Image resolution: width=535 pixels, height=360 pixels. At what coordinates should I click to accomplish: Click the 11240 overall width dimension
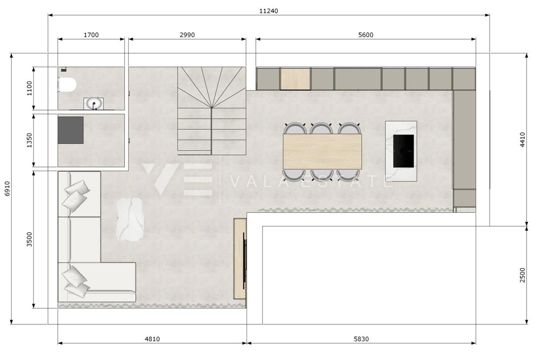(x=268, y=11)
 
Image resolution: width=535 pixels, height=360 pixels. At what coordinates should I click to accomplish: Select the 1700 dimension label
(x=91, y=35)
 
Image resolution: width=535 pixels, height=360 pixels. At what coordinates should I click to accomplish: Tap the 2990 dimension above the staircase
(x=187, y=35)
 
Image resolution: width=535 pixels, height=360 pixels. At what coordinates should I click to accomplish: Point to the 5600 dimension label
(x=366, y=35)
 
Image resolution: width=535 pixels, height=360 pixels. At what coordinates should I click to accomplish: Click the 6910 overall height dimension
(x=7, y=189)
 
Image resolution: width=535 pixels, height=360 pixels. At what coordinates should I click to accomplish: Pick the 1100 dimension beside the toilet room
(x=29, y=88)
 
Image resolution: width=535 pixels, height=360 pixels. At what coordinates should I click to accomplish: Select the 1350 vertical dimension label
(x=29, y=140)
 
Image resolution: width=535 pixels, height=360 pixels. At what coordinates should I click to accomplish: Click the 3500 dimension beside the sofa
(x=29, y=239)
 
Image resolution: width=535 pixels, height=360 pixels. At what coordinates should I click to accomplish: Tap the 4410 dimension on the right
(x=523, y=139)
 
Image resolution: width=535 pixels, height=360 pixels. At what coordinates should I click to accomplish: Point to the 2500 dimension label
(x=523, y=275)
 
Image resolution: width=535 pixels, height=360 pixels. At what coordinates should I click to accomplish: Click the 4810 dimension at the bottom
(x=152, y=339)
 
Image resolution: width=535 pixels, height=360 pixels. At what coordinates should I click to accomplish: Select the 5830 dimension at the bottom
(x=361, y=339)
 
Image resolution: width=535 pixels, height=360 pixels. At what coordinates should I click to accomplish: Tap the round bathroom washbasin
(x=94, y=104)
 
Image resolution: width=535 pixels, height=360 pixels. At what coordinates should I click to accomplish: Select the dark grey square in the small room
(x=70, y=130)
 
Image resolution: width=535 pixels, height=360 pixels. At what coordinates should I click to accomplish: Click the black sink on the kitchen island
(x=403, y=151)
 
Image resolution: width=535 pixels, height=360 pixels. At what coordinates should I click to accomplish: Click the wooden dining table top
(x=322, y=151)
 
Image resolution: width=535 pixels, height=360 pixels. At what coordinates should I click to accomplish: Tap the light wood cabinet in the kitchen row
(x=295, y=78)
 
